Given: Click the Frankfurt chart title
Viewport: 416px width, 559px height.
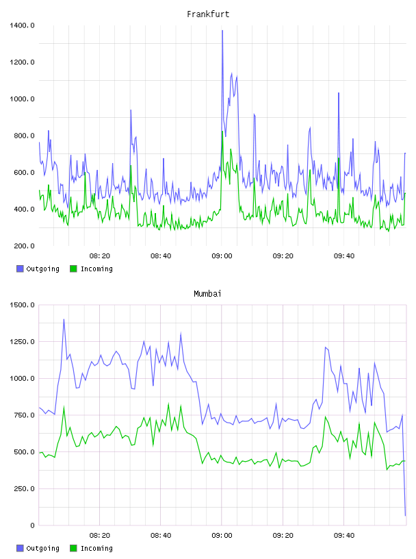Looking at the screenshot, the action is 208,14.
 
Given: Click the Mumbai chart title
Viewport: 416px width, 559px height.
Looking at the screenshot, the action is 207,294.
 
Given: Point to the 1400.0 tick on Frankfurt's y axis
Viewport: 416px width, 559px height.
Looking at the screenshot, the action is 22,25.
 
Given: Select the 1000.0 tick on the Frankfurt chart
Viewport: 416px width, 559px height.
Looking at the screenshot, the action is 22,99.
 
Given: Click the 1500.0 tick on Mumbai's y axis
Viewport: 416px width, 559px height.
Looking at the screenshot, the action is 22,305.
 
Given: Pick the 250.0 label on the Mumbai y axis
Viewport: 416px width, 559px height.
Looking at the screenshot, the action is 24,488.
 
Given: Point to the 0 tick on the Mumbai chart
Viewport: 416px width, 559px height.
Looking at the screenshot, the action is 32,525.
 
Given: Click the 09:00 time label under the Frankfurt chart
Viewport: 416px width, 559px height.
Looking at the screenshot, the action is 222,256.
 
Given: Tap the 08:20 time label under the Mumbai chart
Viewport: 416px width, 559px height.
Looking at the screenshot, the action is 99,536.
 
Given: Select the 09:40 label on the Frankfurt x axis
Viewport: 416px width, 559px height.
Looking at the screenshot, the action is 344,256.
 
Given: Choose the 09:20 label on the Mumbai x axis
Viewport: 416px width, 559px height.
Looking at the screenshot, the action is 283,536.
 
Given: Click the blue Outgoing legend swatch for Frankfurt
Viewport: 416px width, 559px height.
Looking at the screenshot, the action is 20,269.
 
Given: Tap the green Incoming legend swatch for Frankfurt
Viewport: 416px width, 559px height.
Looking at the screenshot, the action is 73,269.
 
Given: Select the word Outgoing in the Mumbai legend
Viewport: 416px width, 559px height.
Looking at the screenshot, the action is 42,548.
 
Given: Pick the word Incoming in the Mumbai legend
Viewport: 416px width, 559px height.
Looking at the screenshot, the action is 96,548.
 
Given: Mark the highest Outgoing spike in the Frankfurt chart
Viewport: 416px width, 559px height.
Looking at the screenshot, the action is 222,31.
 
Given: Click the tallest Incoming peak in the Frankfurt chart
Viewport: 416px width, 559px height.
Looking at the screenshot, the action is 222,132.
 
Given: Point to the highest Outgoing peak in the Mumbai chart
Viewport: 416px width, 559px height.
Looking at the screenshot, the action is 64,319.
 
